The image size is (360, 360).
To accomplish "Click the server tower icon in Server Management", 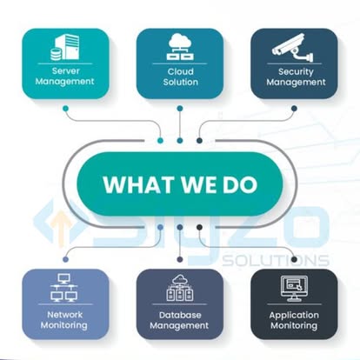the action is pyautogui.click(x=65, y=48).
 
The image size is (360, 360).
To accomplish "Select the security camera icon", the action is pyautogui.click(x=293, y=48).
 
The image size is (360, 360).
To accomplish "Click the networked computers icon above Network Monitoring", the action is pyautogui.click(x=64, y=288).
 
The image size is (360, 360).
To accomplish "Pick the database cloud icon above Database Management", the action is pyautogui.click(x=180, y=288).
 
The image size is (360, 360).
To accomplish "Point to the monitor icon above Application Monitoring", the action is pyautogui.click(x=294, y=288).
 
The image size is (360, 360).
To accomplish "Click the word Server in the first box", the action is pyautogui.click(x=65, y=71).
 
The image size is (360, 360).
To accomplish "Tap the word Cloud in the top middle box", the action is pyautogui.click(x=180, y=71).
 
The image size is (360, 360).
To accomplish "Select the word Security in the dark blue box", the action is pyautogui.click(x=296, y=72).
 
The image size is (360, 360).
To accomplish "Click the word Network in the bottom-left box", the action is pyautogui.click(x=65, y=315).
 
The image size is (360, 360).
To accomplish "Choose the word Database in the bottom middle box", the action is pyautogui.click(x=180, y=315).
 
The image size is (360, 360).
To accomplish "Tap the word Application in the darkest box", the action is pyautogui.click(x=294, y=316).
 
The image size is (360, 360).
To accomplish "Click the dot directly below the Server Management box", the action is pyautogui.click(x=66, y=109).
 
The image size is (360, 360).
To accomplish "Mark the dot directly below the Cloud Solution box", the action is pyautogui.click(x=180, y=109).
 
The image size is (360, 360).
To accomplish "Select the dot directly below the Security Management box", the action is pyautogui.click(x=294, y=109).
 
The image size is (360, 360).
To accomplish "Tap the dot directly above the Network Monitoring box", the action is pyautogui.click(x=66, y=259).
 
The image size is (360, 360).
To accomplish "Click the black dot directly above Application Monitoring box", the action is pyautogui.click(x=294, y=259).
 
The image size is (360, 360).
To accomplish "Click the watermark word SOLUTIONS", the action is pyautogui.click(x=276, y=261).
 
